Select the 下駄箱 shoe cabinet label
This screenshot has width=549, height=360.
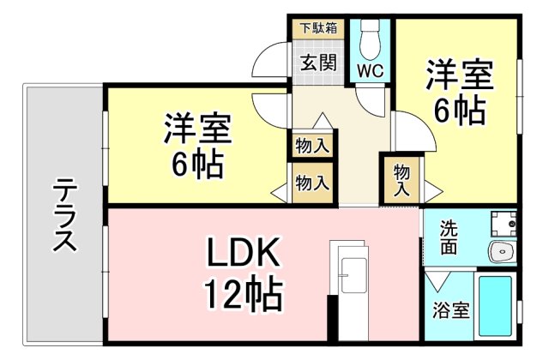(x=317, y=27)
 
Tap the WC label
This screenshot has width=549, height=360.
(x=371, y=69)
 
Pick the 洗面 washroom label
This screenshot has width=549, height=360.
(x=449, y=238)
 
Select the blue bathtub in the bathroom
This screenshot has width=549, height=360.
(x=495, y=305)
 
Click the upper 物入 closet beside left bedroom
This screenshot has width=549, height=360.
(x=311, y=145)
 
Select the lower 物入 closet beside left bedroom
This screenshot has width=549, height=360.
(x=311, y=183)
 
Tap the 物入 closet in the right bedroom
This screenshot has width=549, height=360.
(x=401, y=181)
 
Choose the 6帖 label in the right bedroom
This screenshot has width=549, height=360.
(x=459, y=111)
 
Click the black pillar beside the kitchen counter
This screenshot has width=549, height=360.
(x=332, y=318)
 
